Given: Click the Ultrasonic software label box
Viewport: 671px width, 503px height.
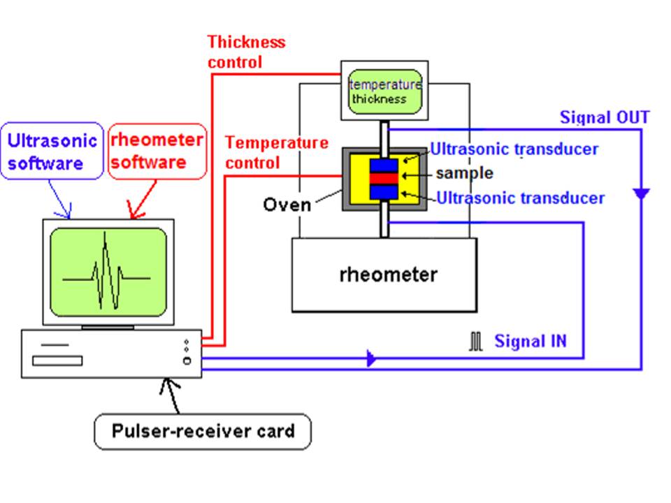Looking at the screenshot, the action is click(52, 151).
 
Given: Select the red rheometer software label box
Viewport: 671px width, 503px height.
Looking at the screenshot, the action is click(157, 151).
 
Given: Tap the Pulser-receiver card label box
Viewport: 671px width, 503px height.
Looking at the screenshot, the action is click(203, 431).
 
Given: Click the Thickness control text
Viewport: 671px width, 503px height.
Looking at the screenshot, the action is click(247, 52).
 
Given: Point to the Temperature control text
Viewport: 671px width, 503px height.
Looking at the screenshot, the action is click(277, 152).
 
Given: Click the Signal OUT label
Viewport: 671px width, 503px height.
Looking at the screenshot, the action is click(605, 117).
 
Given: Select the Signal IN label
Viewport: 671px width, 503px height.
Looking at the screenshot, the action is click(531, 341).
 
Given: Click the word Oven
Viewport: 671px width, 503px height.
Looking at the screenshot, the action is click(287, 205).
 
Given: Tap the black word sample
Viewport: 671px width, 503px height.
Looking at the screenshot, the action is click(464, 173).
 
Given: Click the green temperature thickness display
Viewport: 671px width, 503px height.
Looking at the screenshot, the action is click(385, 92).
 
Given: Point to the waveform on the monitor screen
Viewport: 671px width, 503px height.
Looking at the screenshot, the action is click(106, 271).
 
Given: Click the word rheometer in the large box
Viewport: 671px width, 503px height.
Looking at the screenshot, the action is click(389, 274).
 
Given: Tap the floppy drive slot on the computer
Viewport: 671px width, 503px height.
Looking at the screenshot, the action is click(57, 361).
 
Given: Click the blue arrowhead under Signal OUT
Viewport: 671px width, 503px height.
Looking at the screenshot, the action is click(641, 194).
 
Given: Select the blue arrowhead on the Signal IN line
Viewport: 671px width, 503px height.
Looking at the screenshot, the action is click(371, 358).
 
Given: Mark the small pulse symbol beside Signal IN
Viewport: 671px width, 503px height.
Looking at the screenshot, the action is click(475, 342).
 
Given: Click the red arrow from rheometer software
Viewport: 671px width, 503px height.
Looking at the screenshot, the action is click(143, 200).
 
